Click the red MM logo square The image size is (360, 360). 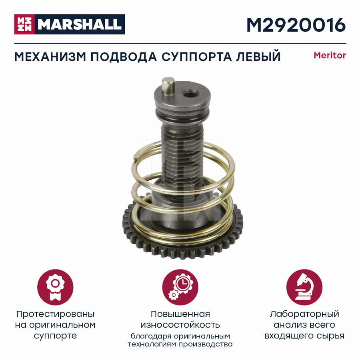[x=24, y=24]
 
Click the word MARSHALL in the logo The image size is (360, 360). [x=80, y=24]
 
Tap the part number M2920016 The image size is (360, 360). [x=296, y=25]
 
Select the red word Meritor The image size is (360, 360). [x=330, y=55]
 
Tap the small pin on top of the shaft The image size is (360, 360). [x=168, y=86]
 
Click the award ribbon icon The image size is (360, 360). [x=55, y=287]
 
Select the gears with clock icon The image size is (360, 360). [x=180, y=287]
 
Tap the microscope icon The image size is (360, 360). [x=304, y=287]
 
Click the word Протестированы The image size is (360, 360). [x=55, y=314]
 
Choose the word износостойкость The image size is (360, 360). [x=180, y=325]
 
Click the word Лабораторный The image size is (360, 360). [x=304, y=314]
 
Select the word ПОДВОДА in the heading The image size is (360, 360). [x=124, y=56]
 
